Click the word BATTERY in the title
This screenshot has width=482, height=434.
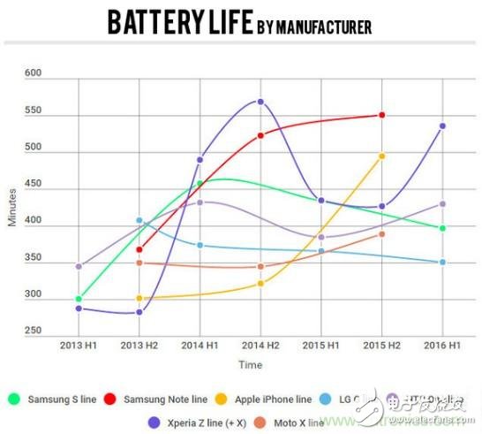coord(151,24)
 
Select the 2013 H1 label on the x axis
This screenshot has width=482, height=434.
coord(79,344)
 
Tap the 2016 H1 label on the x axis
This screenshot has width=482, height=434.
coord(442,344)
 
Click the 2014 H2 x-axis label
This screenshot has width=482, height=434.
coord(260,344)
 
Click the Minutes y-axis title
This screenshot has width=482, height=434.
coord(12,209)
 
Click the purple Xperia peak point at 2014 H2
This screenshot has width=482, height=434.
coord(260,102)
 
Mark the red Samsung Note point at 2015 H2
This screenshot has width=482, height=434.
coord(381,115)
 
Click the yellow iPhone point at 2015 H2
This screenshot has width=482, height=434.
coord(381,156)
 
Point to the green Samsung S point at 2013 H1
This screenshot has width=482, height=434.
coord(79,299)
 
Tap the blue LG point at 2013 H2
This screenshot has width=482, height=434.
coord(139,220)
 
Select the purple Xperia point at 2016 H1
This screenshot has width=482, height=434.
coord(442,126)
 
